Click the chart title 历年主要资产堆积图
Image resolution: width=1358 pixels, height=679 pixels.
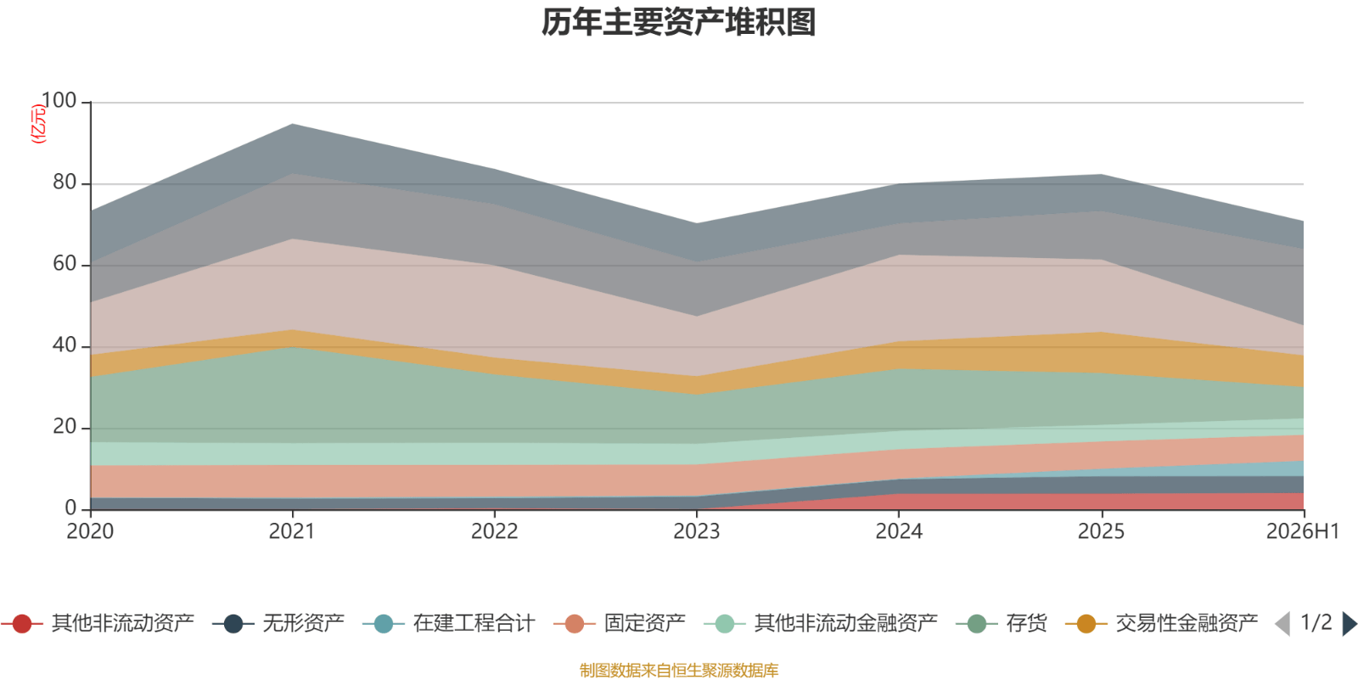[678, 22]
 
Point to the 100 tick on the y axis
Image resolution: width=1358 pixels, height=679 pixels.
[59, 101]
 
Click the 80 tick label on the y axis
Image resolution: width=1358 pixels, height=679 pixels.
[65, 182]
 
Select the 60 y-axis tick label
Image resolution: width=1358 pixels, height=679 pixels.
[65, 264]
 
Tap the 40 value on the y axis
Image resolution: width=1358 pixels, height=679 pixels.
[65, 345]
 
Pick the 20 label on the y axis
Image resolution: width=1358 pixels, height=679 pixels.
[65, 427]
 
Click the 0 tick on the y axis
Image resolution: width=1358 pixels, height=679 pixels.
[71, 508]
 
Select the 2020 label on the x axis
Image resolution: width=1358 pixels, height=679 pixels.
[90, 531]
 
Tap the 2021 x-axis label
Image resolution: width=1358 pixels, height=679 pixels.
[292, 531]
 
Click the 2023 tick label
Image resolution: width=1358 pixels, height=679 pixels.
[697, 531]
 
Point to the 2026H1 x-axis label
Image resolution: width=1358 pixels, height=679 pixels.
[1303, 531]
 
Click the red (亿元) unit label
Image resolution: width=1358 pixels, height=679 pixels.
[38, 124]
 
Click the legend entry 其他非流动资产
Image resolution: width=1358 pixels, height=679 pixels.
[98, 623]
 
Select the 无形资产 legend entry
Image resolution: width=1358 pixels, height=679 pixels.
[279, 623]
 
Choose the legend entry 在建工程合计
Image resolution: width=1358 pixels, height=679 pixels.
[449, 623]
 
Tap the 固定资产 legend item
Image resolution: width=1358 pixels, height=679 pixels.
[620, 623]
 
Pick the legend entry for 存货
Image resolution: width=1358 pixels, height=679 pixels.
[1002, 623]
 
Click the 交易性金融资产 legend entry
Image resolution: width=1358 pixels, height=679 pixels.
[1162, 623]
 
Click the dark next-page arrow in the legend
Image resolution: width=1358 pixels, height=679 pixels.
[1350, 623]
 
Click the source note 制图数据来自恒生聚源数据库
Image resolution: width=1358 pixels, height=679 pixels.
[679, 670]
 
